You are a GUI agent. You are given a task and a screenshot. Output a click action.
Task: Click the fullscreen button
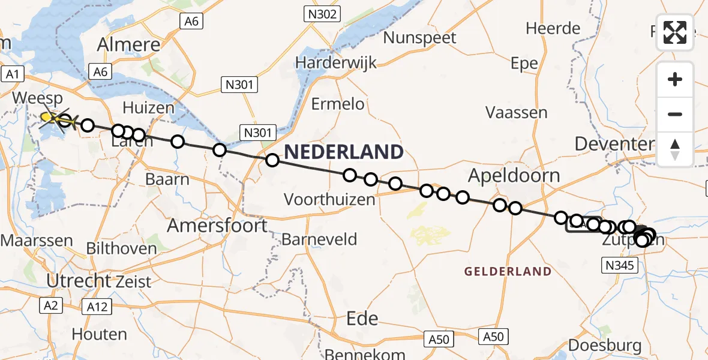(675, 32)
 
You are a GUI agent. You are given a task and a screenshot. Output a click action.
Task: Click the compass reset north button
(675, 149)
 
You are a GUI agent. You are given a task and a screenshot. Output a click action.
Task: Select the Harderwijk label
(335, 62)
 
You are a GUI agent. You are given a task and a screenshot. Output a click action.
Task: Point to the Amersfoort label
(217, 226)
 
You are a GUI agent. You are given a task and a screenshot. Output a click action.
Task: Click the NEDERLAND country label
(344, 152)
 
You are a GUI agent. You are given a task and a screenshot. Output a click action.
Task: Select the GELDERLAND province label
(508, 271)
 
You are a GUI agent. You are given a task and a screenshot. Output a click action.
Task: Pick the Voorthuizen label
(329, 199)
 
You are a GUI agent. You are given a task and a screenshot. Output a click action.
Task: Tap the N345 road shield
(619, 265)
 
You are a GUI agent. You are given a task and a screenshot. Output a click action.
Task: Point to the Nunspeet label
(420, 38)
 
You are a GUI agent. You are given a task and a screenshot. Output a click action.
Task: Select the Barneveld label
(319, 239)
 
